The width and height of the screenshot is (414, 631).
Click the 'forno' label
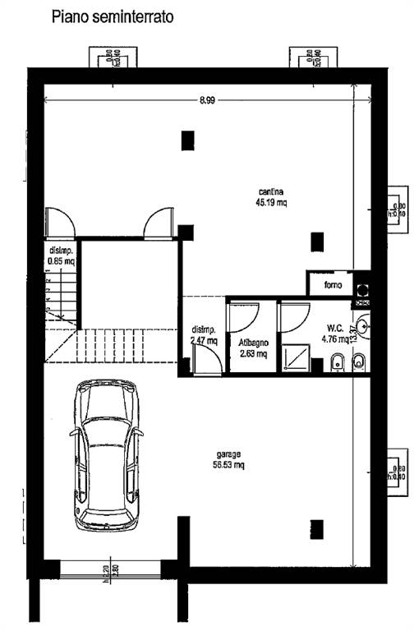333,285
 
